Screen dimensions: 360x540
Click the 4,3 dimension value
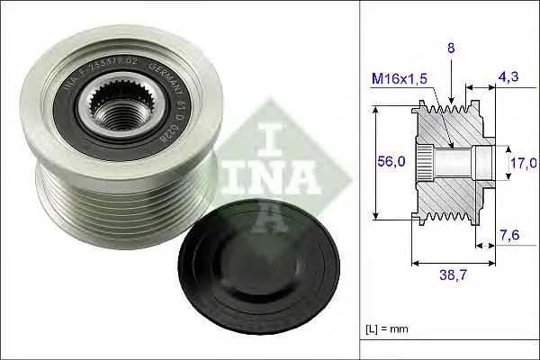(x=508, y=79)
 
